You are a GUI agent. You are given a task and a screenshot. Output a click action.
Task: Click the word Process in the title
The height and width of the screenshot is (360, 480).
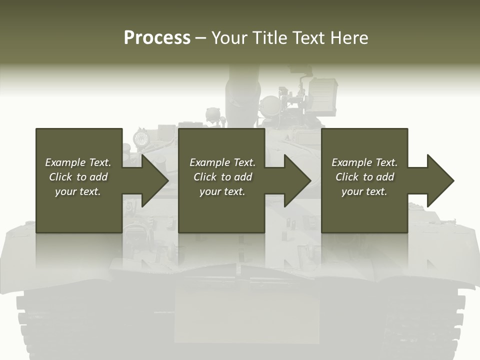coord(157,38)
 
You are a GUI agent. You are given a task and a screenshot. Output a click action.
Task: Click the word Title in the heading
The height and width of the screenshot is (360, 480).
coord(269,38)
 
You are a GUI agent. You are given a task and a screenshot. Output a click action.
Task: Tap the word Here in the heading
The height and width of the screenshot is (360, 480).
coord(349,38)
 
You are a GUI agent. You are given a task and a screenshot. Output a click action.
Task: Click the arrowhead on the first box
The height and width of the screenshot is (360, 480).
coord(153,180)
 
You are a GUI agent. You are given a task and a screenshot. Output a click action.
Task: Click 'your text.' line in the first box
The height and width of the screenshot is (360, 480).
coord(78,191)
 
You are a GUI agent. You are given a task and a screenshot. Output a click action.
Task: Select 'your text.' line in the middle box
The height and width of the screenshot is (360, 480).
coord(222,191)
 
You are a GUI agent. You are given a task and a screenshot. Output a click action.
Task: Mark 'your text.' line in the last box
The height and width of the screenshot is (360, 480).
coord(364,191)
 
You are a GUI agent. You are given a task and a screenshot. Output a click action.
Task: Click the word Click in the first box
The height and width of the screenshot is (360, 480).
coord(60,177)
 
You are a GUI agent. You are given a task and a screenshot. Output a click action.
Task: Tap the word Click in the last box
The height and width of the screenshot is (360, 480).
coord(347,177)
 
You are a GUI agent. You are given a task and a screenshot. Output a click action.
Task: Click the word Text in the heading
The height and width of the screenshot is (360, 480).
coord(308,38)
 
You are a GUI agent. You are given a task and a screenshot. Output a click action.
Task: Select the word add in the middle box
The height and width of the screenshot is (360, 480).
coord(243,177)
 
